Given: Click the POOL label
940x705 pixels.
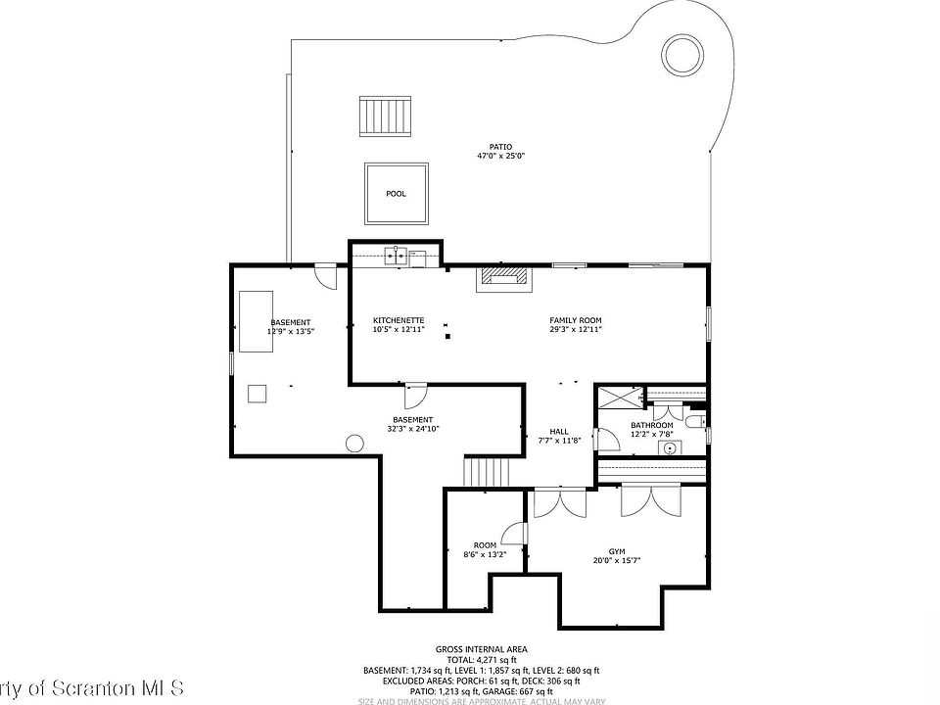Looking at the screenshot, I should click(396, 194).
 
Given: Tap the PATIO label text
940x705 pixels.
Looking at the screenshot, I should click(500, 147).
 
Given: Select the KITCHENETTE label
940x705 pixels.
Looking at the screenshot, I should click(399, 320).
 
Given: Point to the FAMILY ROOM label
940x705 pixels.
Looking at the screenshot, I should click(575, 320).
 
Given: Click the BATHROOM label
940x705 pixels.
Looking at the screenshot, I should click(651, 425).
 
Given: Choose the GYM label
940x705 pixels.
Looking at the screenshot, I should click(617, 551).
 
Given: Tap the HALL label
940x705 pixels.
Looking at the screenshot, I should click(559, 431).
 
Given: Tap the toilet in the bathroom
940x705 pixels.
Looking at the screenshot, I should click(693, 422).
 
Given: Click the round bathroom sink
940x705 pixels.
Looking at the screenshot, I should click(671, 448).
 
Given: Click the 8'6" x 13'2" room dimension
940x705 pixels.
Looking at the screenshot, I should click(485, 554).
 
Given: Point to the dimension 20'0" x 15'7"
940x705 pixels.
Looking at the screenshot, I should click(617, 561).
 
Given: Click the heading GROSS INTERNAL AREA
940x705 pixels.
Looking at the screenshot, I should click(482, 649).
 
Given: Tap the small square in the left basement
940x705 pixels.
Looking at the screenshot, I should click(258, 393).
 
